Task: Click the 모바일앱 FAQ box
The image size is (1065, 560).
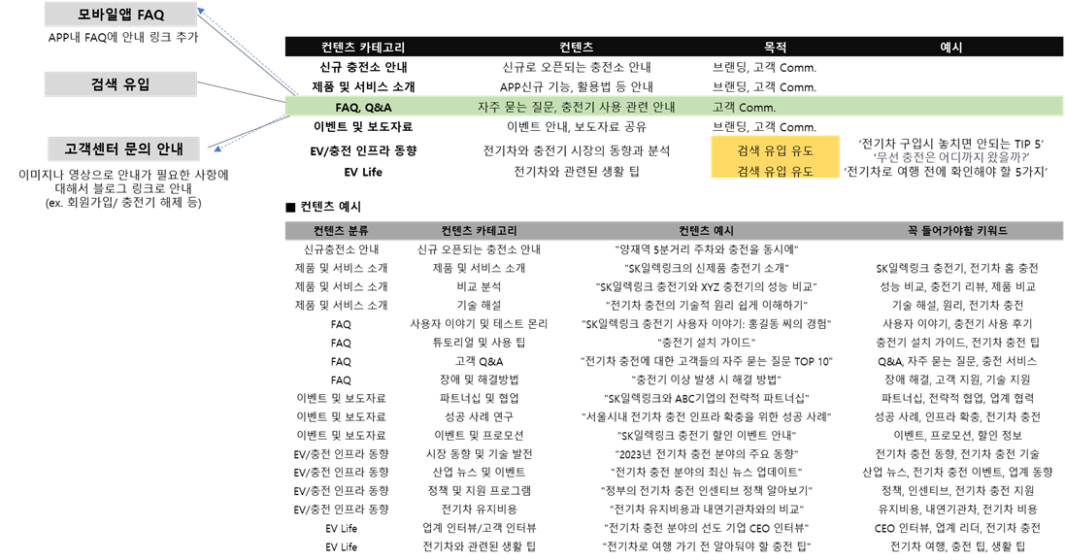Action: [x=121, y=15]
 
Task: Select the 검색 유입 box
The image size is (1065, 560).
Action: [x=121, y=84]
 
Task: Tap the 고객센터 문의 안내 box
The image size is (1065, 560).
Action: [x=124, y=148]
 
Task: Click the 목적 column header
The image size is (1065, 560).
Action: [x=775, y=47]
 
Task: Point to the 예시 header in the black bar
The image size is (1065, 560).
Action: [x=950, y=47]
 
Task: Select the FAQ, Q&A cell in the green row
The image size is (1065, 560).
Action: [x=363, y=108]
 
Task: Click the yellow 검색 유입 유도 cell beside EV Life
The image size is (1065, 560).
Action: [x=775, y=171]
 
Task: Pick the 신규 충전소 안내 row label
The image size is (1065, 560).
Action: [x=363, y=67]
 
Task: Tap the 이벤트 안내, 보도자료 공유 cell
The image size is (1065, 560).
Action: [x=576, y=127]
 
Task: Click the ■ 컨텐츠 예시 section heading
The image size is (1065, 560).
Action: [x=323, y=207]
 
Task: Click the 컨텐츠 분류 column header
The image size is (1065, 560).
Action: [x=341, y=231]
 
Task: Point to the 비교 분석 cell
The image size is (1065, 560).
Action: [x=479, y=286]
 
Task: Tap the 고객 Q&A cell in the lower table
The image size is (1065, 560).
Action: [x=479, y=361]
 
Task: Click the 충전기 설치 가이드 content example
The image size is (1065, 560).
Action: [x=707, y=342]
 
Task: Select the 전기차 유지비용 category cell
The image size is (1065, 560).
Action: [x=479, y=510]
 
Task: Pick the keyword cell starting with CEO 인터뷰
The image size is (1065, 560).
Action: [x=957, y=527]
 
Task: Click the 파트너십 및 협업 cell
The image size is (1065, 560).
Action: [x=479, y=398]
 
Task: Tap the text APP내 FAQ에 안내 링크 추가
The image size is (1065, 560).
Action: [x=123, y=37]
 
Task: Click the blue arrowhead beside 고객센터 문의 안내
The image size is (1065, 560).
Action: [x=217, y=148]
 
